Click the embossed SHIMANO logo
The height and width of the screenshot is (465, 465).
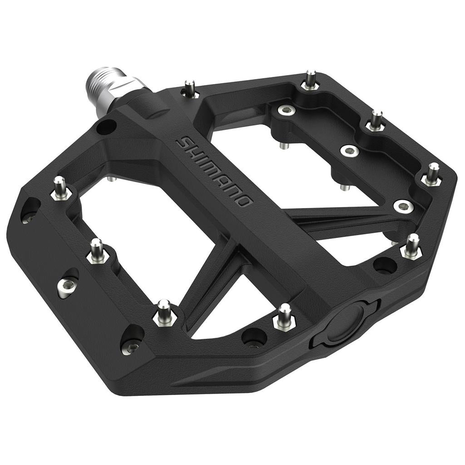214,171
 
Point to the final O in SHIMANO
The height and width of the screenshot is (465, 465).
243,200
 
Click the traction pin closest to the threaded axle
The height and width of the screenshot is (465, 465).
190,88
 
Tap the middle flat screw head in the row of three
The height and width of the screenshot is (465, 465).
350,151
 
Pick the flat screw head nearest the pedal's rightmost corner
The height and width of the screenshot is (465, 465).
403,206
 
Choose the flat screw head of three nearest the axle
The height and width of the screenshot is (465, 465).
286,109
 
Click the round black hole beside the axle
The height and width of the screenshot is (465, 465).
106,127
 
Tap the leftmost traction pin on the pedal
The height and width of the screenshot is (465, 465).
60,187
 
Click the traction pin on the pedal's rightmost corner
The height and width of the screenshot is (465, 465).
432,174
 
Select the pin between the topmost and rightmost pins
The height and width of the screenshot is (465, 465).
376,120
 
